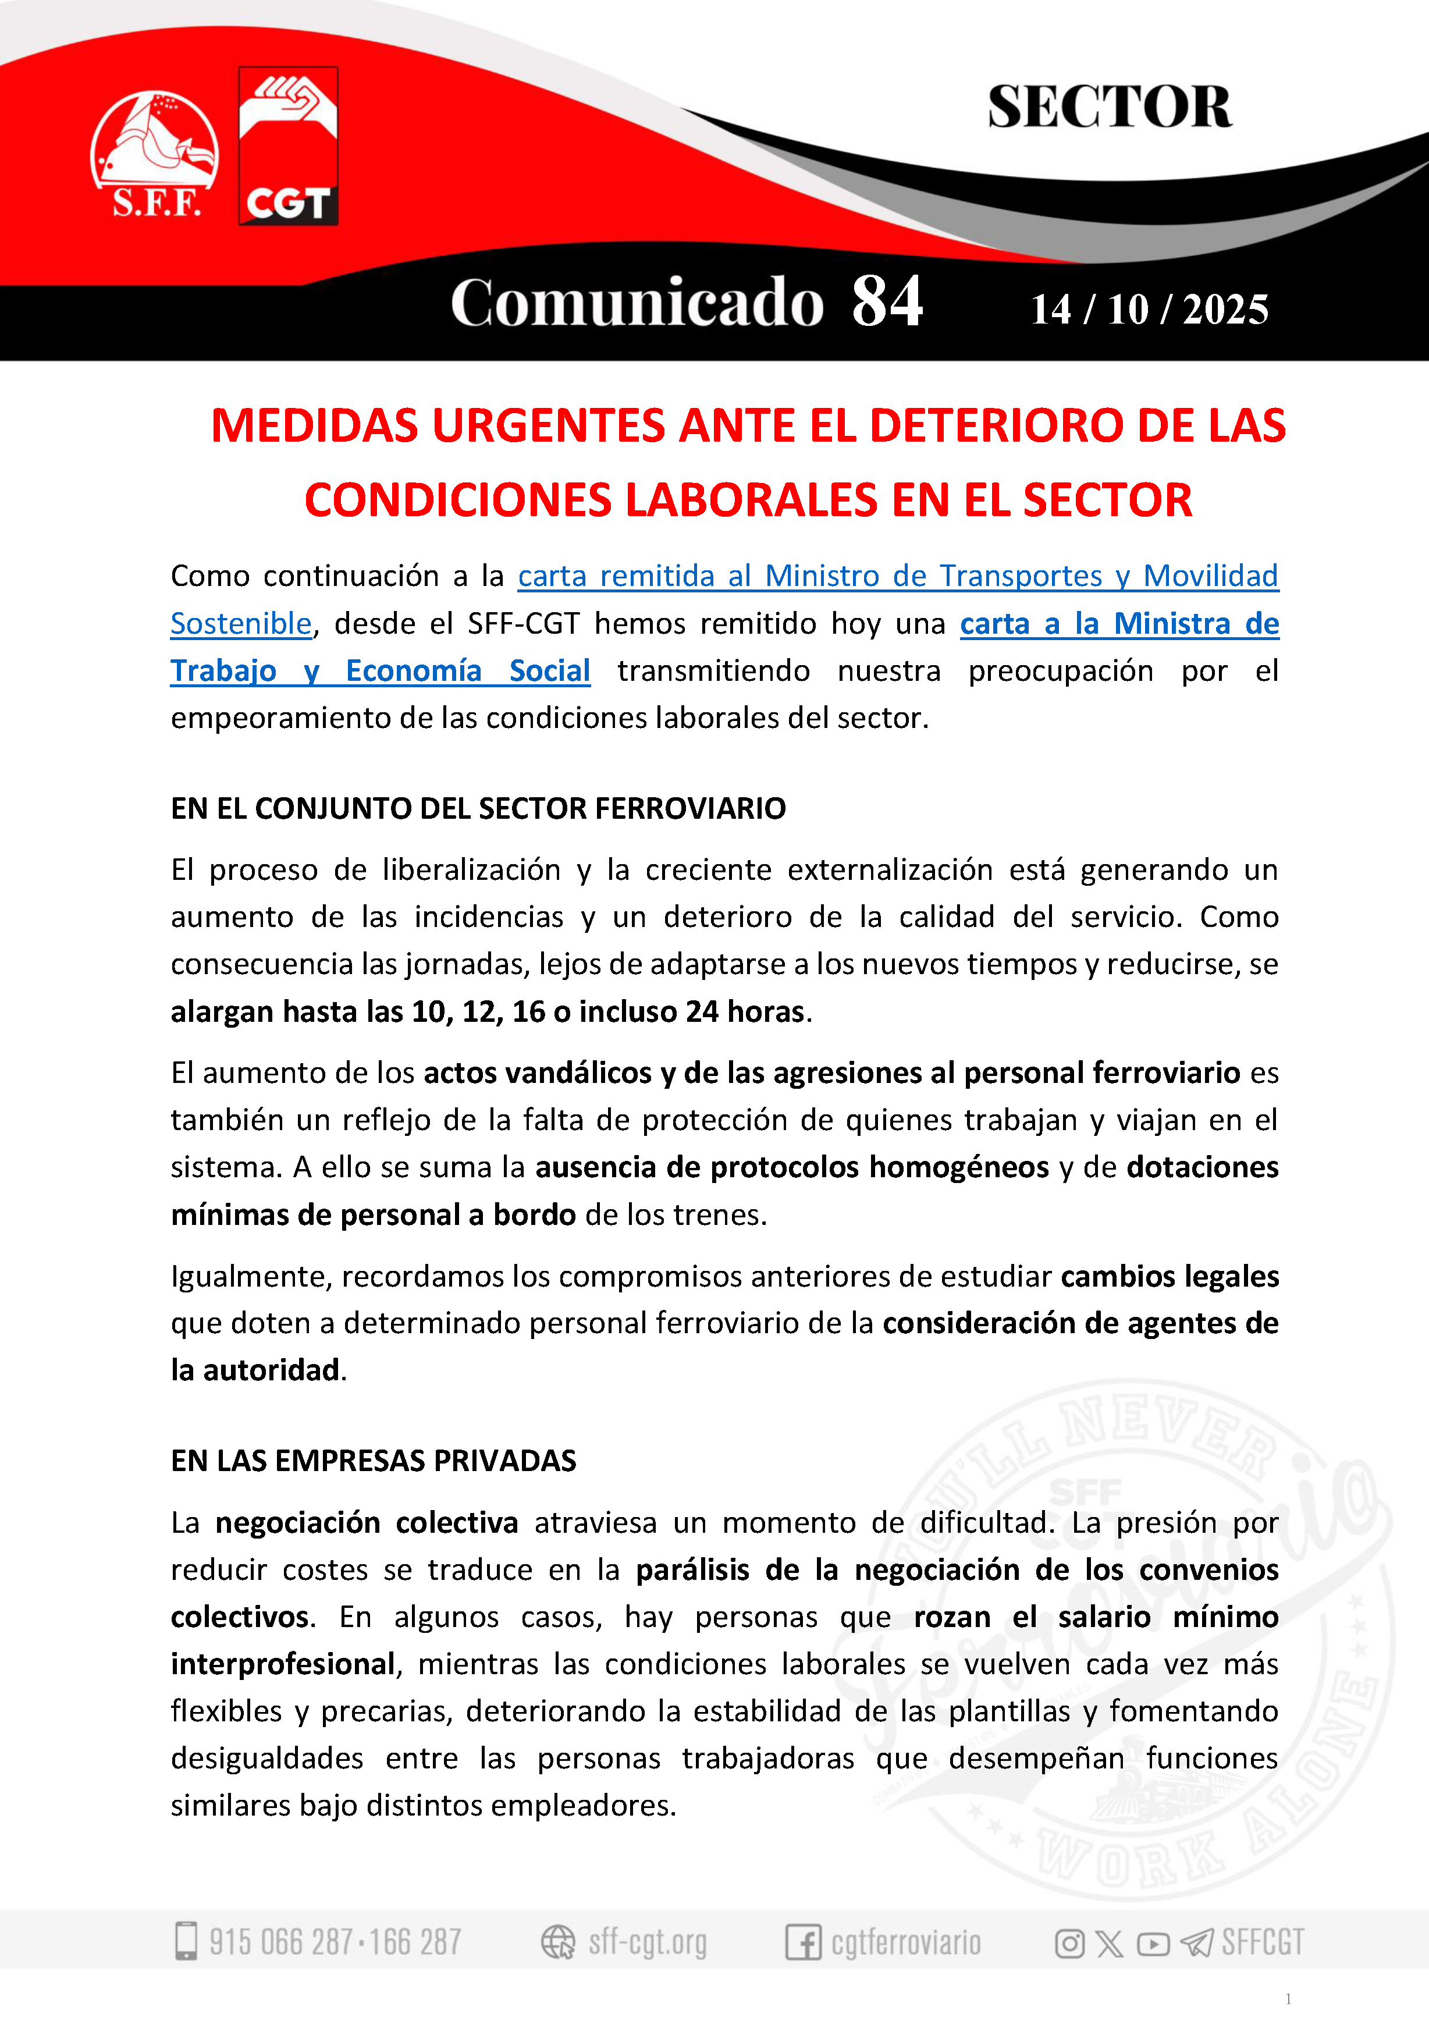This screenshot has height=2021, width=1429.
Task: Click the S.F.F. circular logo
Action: [x=154, y=154]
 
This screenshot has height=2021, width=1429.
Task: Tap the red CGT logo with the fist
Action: [x=288, y=146]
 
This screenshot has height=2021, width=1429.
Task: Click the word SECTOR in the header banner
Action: [x=1109, y=108]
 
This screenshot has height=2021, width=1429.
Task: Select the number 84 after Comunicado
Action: [x=886, y=302]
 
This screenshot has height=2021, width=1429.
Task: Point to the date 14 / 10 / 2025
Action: [x=1149, y=310]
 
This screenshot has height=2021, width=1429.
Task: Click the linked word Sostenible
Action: [x=241, y=623]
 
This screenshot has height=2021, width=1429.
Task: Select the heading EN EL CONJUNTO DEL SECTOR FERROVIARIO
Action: [x=478, y=808]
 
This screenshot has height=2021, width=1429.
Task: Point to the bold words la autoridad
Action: [x=255, y=1370]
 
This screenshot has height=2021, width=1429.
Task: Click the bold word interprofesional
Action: [x=282, y=1664]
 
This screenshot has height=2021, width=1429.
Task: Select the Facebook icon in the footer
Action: [x=802, y=1942]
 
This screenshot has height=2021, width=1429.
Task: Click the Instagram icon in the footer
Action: [x=1069, y=1942]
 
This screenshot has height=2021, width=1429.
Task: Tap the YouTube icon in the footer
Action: [x=1153, y=1942]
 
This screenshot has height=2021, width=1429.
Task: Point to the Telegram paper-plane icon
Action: [x=1197, y=1942]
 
